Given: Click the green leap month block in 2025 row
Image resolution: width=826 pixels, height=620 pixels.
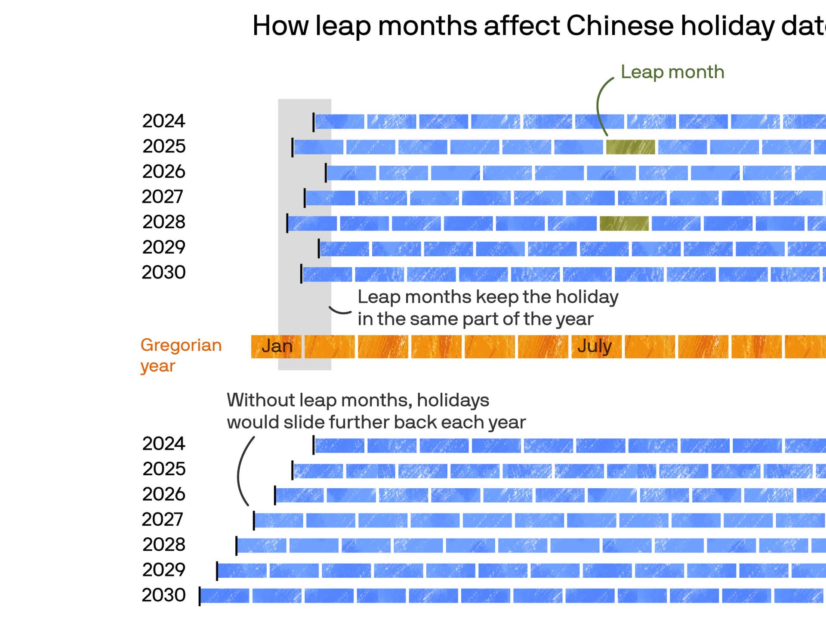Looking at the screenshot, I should point(630,147).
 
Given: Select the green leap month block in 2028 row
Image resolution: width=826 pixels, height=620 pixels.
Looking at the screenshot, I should point(624,223).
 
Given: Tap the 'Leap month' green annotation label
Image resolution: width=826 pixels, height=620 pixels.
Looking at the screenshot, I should point(672,72).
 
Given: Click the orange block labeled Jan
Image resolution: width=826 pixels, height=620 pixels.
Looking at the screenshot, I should point(276,347).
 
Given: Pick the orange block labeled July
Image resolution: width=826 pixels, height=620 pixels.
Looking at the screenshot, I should point(596,347).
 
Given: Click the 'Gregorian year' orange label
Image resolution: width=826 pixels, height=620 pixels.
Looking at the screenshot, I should point(181,355).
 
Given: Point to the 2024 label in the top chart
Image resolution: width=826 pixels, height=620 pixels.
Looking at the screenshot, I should point(163,121).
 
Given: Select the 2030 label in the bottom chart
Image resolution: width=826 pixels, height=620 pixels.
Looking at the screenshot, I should point(163,595).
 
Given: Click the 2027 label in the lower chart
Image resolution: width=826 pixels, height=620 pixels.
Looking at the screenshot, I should point(163,519).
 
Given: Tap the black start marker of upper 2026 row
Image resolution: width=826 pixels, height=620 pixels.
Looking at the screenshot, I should point(326,173).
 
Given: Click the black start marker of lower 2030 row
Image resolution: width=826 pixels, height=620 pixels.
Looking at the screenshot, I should point(200,596).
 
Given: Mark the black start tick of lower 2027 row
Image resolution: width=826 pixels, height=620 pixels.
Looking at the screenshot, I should point(254,521).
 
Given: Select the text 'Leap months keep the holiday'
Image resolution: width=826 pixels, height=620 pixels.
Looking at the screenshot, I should point(488,297).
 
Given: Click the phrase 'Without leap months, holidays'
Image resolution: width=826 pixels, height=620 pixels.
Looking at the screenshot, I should point(358,400).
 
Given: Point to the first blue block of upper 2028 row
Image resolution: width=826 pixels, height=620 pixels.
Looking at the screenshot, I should point(313,223).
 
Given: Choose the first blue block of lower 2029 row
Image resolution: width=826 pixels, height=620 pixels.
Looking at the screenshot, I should point(243,571).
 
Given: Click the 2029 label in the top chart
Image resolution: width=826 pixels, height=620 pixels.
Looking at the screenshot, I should point(163,247).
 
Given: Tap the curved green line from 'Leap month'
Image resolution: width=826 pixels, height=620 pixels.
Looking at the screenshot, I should point(599,103).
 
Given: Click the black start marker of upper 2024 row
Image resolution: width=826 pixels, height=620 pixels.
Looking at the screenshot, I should point(314,122).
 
